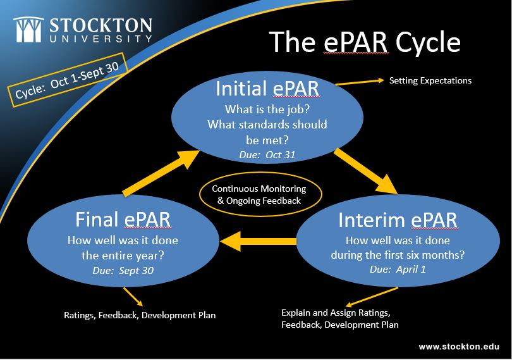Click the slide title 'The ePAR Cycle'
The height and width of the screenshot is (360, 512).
pos(364,42)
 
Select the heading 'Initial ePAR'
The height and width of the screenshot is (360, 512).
pos(268,89)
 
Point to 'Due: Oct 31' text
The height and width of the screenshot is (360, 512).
pos(267,154)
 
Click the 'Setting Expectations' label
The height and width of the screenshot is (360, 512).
pos(430,80)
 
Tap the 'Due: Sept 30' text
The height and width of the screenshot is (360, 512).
pos(123,270)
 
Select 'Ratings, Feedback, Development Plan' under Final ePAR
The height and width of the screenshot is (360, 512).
pos(140,314)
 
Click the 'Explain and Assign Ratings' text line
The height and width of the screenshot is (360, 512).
pos(336,313)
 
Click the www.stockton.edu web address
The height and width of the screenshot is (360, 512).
pos(458,347)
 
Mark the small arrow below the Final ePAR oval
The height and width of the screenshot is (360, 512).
pos(133,296)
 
